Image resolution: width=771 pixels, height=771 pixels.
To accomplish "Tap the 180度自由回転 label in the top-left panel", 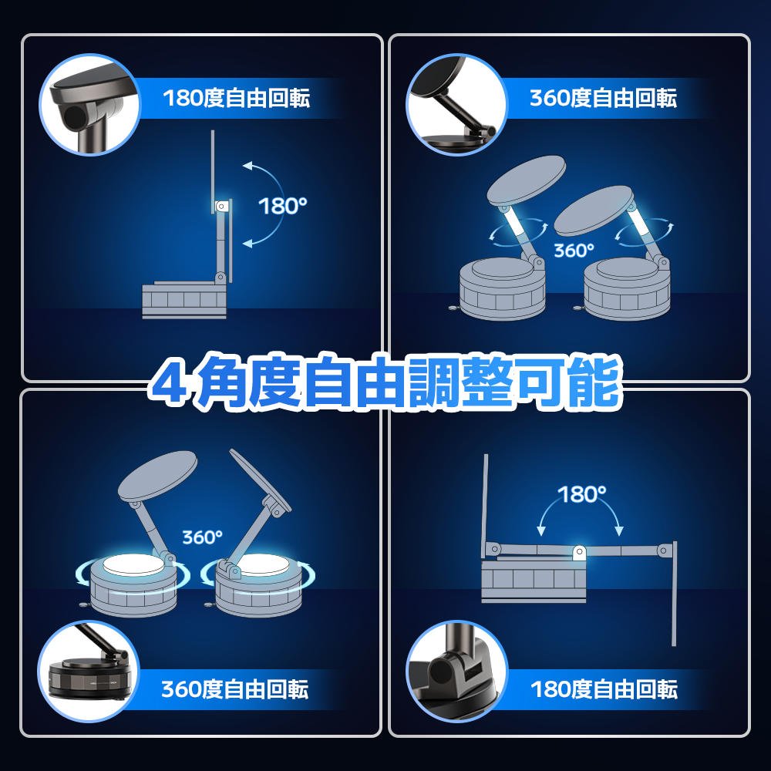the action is [x=236, y=98].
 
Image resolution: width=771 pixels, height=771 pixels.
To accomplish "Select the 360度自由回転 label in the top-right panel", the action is [x=603, y=98].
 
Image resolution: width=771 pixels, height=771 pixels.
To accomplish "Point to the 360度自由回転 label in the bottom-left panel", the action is [x=235, y=689].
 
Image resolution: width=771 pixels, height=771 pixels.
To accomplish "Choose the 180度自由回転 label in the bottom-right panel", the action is [x=604, y=689].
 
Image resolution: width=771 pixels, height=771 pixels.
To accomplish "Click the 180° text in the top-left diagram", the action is [x=282, y=206].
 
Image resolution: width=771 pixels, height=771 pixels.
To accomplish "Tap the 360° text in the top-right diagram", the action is [x=574, y=251].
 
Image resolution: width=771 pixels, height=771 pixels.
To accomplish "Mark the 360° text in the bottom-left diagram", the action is [x=202, y=537].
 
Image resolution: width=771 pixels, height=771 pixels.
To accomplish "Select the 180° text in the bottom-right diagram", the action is [x=581, y=494].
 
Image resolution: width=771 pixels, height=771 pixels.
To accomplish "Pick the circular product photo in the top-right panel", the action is [x=456, y=104].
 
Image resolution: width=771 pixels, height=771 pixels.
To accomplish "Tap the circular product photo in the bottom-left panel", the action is [x=89, y=672].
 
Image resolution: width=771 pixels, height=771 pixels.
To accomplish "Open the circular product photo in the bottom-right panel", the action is [x=457, y=672].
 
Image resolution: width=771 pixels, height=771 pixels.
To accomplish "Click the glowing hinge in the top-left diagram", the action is [x=221, y=206].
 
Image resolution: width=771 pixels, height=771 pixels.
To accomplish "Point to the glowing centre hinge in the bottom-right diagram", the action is [x=580, y=552].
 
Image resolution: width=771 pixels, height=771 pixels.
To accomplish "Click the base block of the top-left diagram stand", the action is [x=184, y=300].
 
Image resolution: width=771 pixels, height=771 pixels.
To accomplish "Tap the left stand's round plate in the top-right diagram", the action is [x=526, y=180].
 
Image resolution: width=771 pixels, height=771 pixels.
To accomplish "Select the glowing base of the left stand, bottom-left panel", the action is [x=133, y=585].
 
